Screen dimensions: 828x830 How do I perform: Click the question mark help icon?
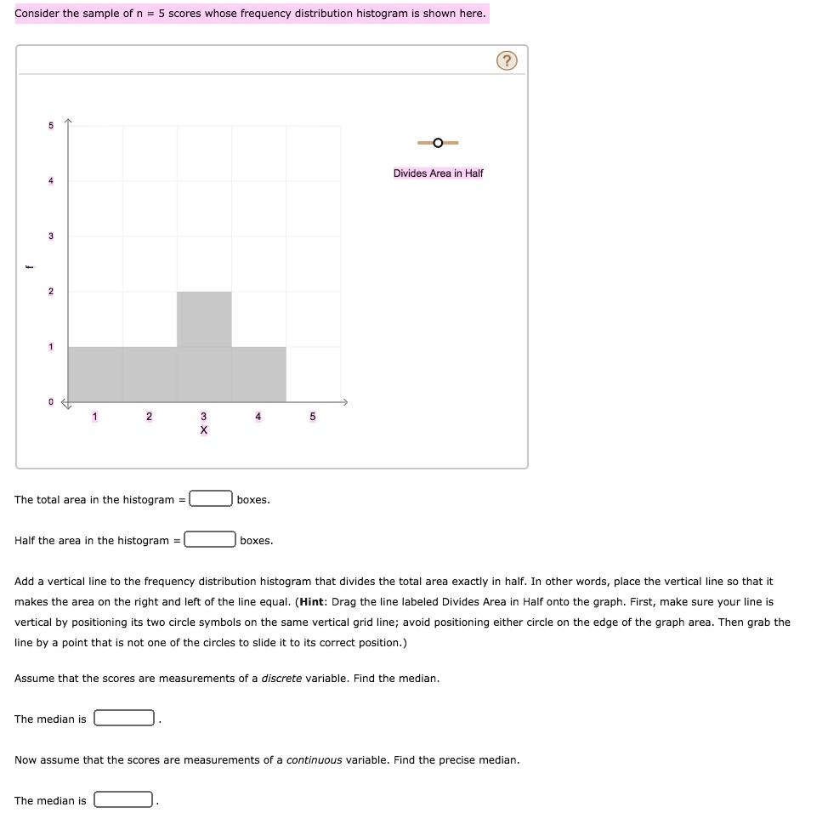pyautogui.click(x=507, y=60)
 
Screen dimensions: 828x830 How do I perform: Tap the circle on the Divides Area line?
pyautogui.click(x=437, y=143)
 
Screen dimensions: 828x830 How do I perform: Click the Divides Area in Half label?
pyautogui.click(x=438, y=173)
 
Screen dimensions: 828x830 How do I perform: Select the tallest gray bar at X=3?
pyautogui.click(x=204, y=319)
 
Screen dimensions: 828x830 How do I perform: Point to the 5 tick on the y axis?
pyautogui.click(x=50, y=126)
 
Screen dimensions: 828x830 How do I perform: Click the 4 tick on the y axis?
pyautogui.click(x=50, y=181)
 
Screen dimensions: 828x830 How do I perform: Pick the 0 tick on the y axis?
pyautogui.click(x=50, y=401)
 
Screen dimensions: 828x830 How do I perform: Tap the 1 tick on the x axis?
pyautogui.click(x=95, y=416)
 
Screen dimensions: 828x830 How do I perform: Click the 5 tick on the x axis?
pyautogui.click(x=312, y=416)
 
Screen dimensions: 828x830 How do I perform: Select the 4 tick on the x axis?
pyautogui.click(x=258, y=416)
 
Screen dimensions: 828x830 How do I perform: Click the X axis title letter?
pyautogui.click(x=203, y=430)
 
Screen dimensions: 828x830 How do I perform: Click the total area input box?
pyautogui.click(x=211, y=499)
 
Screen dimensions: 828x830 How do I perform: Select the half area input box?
pyautogui.click(x=211, y=540)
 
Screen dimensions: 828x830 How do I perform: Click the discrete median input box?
pyautogui.click(x=124, y=719)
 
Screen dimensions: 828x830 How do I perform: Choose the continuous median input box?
pyautogui.click(x=124, y=800)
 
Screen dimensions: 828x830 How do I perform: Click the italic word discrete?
pyautogui.click(x=281, y=679)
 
